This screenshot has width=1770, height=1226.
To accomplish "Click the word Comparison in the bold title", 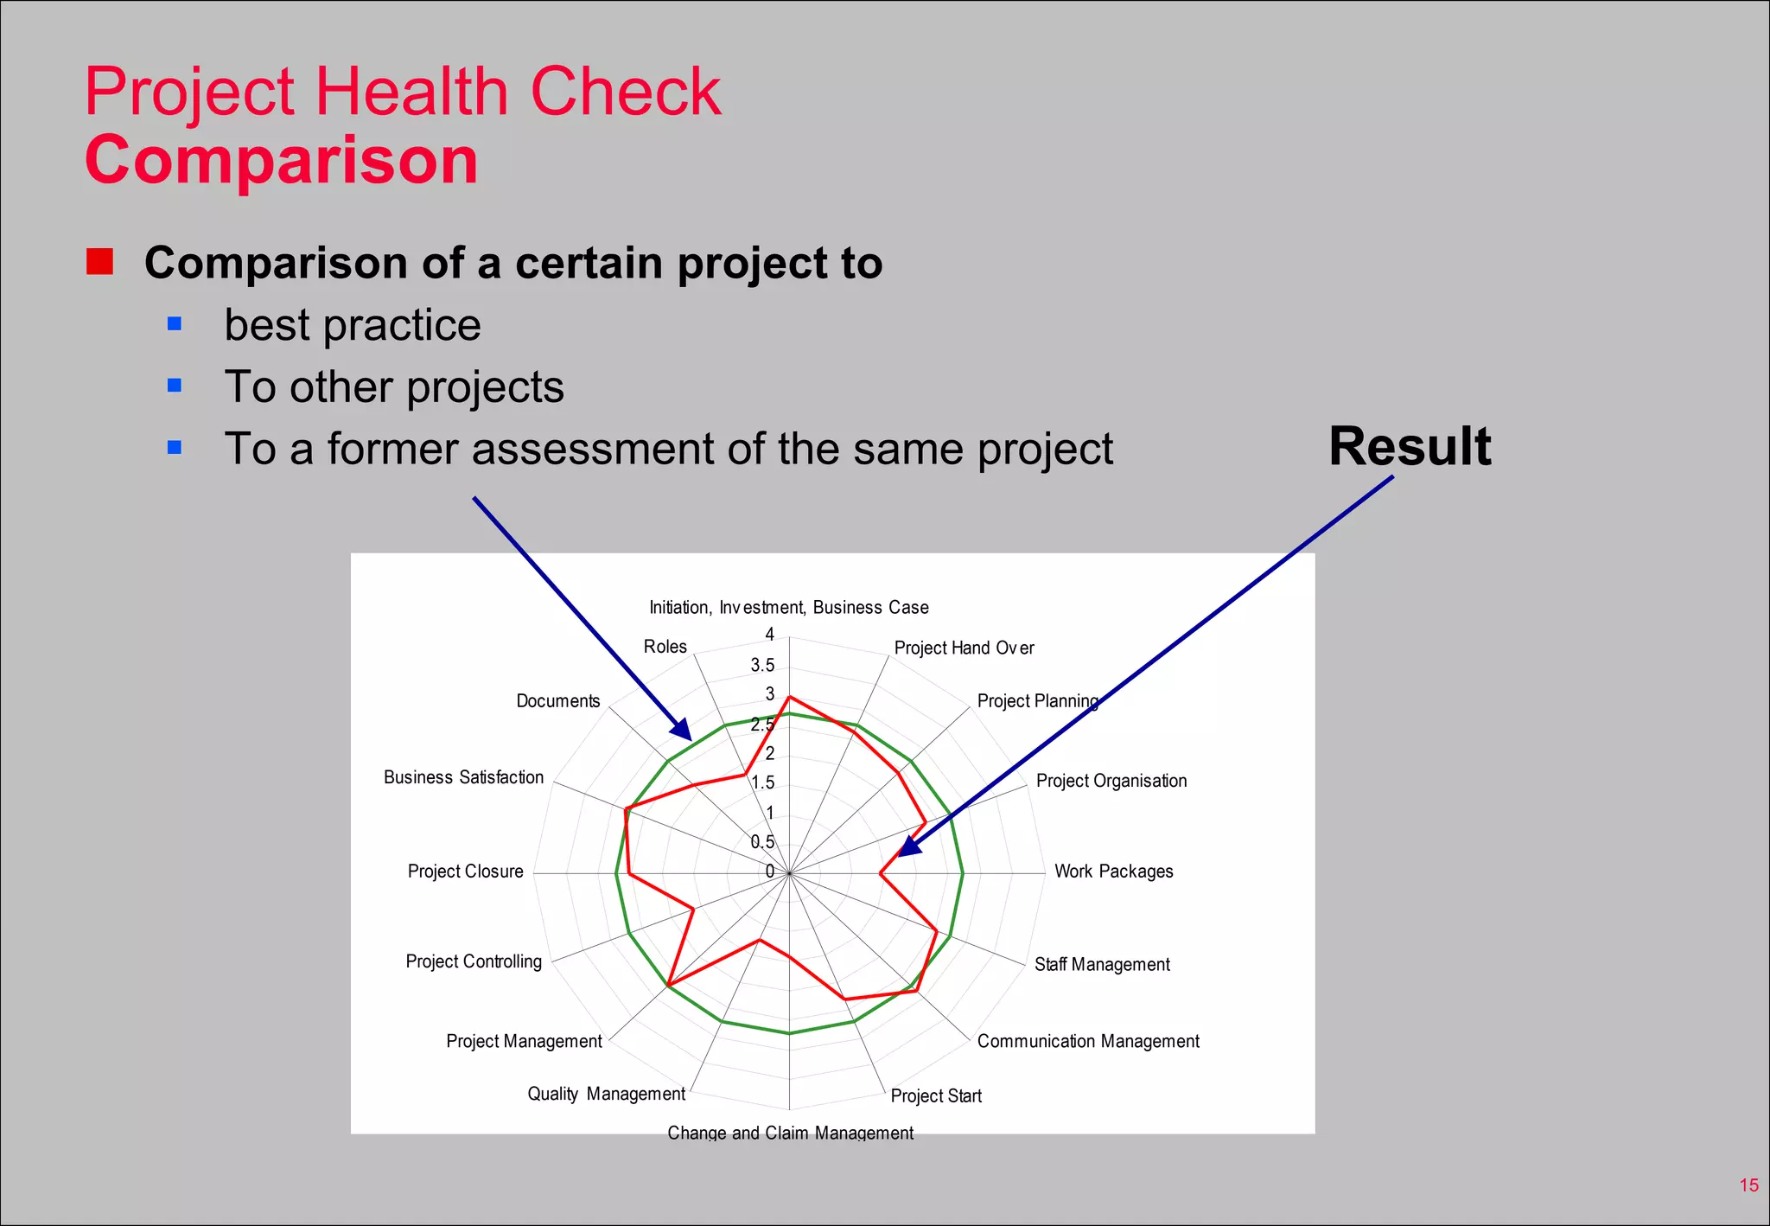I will pos(281,161).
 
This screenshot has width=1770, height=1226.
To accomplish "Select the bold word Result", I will pos(1410,447).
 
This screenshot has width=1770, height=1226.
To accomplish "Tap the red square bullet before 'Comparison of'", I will pos(100,261).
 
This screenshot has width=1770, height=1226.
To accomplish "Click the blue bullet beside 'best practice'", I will pos(175,324).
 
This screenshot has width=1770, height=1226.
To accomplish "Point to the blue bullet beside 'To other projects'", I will pos(175,386).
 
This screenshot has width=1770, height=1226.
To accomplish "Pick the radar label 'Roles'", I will pos(665,647).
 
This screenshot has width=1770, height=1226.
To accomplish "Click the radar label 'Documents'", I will pos(557,701).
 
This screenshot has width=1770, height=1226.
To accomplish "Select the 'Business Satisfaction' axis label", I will pos(463,777).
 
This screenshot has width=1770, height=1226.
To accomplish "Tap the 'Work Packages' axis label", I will pos(1113,872).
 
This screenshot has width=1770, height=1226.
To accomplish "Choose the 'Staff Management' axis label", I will pos(1102,964).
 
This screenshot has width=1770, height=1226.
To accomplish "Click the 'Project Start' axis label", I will pos(936,1096).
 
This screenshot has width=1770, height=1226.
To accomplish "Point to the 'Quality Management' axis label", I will pos(606,1094).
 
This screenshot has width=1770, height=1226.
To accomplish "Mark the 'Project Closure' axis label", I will pos(465,872).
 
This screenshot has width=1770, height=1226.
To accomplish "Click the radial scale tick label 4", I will pos(770,635).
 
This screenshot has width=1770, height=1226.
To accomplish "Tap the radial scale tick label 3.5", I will pos(762,665).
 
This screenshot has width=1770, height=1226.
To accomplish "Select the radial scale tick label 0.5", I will pos(762,842).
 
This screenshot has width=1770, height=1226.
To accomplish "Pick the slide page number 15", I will pos(1748,1185).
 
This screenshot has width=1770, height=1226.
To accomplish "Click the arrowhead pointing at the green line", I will pos(681,731).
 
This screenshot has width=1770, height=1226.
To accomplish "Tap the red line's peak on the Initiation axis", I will pos(789,696).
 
